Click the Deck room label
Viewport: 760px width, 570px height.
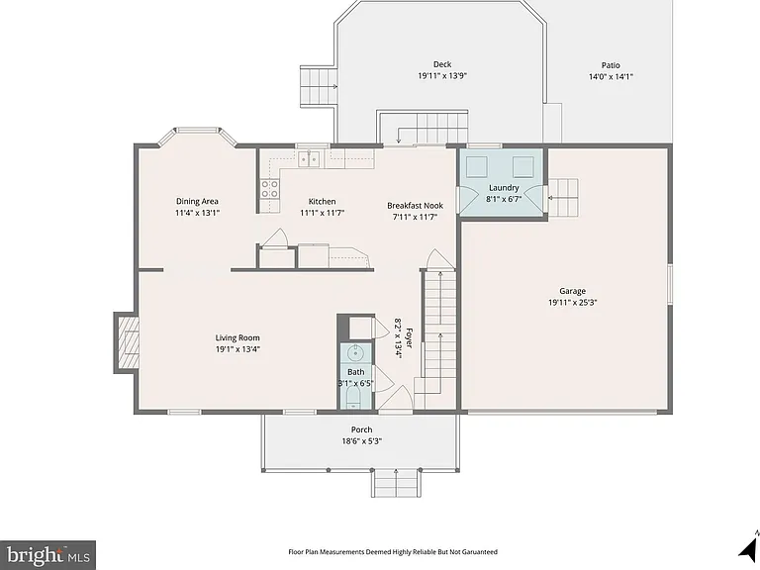pos(442,64)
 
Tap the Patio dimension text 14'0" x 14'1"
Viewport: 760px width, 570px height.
pos(611,76)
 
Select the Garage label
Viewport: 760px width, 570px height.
pos(572,291)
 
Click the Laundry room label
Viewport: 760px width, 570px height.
pos(504,188)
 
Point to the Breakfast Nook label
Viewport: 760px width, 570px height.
pos(415,206)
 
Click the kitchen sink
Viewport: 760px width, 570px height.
pos(309,158)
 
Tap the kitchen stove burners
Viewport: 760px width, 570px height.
pos(270,189)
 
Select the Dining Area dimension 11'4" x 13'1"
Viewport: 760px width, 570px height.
pos(197,213)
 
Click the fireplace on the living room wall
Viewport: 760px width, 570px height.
pos(127,342)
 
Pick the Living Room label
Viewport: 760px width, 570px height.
pos(237,337)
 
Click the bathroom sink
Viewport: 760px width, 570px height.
pos(356,352)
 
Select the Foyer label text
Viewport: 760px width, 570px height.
pos(409,337)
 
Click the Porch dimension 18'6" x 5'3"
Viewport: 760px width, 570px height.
pos(361,441)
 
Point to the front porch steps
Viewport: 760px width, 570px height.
pos(395,482)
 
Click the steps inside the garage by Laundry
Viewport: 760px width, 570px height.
pos(563,198)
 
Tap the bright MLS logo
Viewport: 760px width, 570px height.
pos(47,555)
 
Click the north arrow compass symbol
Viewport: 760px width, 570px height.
pos(749,544)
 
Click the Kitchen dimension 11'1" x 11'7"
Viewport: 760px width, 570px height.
pos(322,213)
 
